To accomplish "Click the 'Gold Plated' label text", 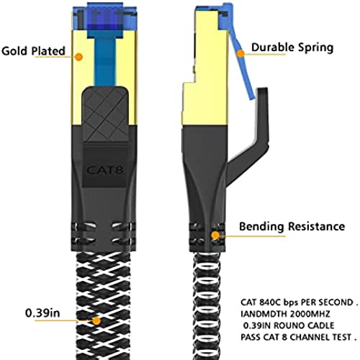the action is [33, 51].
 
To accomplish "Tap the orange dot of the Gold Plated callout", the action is [78, 57].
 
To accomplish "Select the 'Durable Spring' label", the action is [292, 48].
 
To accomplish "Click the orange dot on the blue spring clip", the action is [240, 53].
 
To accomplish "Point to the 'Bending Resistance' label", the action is [292, 227].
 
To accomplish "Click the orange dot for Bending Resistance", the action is [215, 235].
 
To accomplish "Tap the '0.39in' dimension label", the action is [42, 313].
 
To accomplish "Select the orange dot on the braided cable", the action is [96, 321].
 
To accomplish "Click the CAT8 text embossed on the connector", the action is [105, 170].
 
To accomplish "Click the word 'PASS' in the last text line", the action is [251, 337].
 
